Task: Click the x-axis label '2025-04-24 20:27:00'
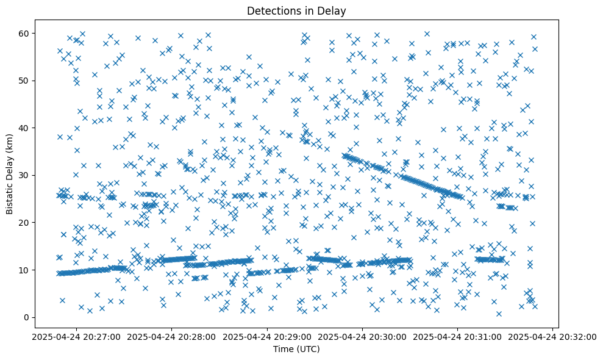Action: tap(76, 336)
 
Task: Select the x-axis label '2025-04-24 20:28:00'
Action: tap(171, 336)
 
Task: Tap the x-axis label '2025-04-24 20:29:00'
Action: tap(267, 336)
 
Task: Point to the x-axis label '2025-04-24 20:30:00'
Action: tap(362, 336)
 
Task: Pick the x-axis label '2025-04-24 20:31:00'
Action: tap(457, 336)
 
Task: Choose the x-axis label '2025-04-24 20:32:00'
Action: tap(552, 336)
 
